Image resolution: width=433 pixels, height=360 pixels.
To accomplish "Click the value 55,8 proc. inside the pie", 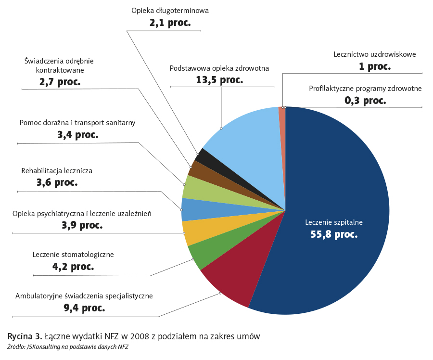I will point(334,234).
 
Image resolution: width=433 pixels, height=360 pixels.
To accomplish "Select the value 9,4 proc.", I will point(84,308).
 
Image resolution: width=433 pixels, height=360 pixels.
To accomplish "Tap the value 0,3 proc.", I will point(365,101).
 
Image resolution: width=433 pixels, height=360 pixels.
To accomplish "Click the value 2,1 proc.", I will point(170,22).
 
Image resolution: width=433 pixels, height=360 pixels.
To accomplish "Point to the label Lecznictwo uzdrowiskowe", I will point(374,54).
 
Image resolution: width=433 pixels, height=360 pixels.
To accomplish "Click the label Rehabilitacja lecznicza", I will point(57,170).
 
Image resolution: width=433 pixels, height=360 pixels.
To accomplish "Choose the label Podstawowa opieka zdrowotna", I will point(219,68).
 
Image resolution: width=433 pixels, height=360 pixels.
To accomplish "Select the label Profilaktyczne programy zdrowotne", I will point(365,89).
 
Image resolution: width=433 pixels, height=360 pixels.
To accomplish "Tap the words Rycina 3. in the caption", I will point(22,336).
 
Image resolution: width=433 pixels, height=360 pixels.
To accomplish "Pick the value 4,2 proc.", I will point(73,266).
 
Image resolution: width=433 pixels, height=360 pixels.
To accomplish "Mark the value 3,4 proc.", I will point(77,135).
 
